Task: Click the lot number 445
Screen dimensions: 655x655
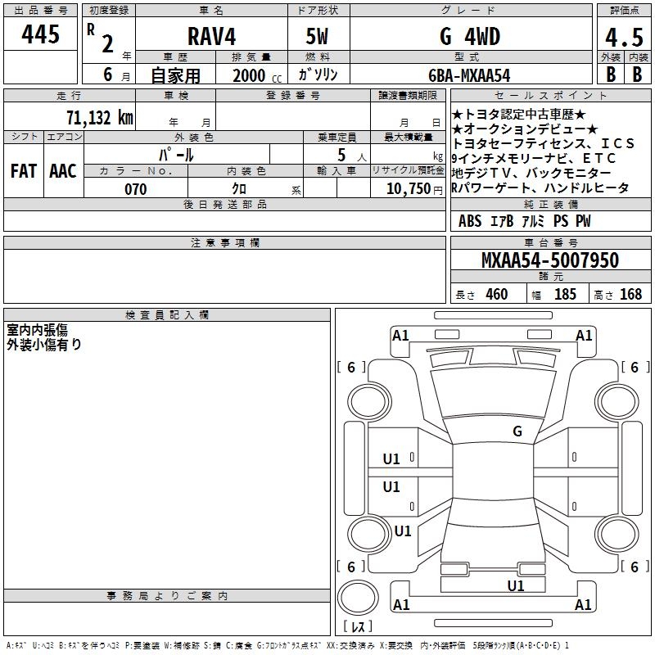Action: [x=40, y=34]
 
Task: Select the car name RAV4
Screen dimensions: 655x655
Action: [x=212, y=37]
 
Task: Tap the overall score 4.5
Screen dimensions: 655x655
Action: [x=624, y=38]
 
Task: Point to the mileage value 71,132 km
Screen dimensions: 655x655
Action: [x=100, y=117]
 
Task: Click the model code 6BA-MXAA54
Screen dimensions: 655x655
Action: [x=469, y=75]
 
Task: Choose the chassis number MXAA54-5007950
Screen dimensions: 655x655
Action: [x=550, y=260]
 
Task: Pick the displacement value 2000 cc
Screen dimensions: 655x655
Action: [x=257, y=75]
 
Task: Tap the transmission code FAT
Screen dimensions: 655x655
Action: [x=24, y=171]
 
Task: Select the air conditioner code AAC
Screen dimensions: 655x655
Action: [x=63, y=171]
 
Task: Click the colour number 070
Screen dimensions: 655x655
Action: [x=136, y=189]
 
